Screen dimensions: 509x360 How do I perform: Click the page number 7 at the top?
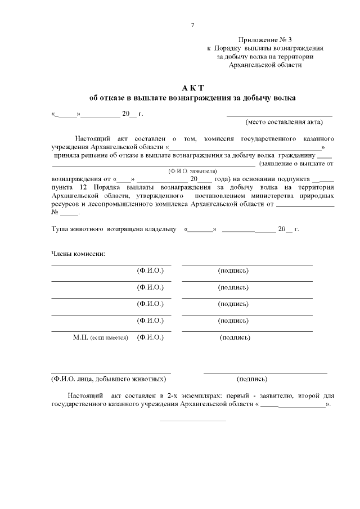coord(193,25)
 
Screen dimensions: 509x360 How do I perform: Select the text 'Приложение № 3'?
coord(265,40)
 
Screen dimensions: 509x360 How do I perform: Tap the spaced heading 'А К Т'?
coord(192,88)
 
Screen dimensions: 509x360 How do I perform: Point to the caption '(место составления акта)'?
coord(283,122)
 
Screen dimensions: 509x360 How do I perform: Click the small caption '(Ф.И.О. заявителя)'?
coord(192,171)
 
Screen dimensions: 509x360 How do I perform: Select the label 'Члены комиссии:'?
coord(78,253)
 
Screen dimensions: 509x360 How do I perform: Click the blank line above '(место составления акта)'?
coord(279,115)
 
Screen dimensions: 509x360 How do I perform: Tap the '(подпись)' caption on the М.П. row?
coord(235,337)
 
